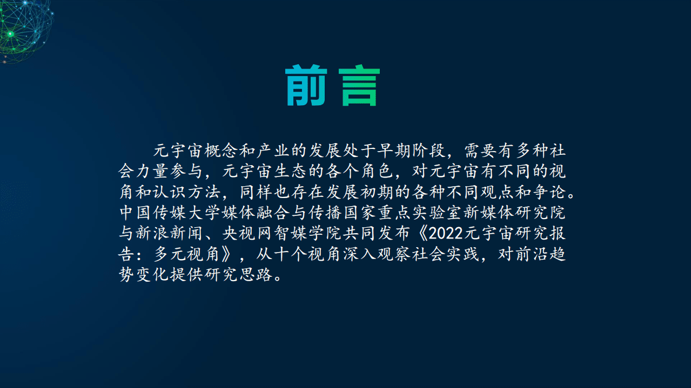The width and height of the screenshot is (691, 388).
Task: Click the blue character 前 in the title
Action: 306,86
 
